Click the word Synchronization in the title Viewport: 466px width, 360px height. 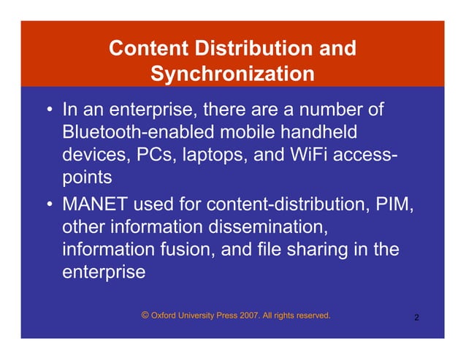[232, 74]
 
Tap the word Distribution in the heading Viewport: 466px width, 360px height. [248, 49]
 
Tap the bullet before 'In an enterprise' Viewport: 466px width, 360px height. [48, 113]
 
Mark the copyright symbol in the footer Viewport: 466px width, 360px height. [145, 315]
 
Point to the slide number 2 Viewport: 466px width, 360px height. [416, 318]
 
